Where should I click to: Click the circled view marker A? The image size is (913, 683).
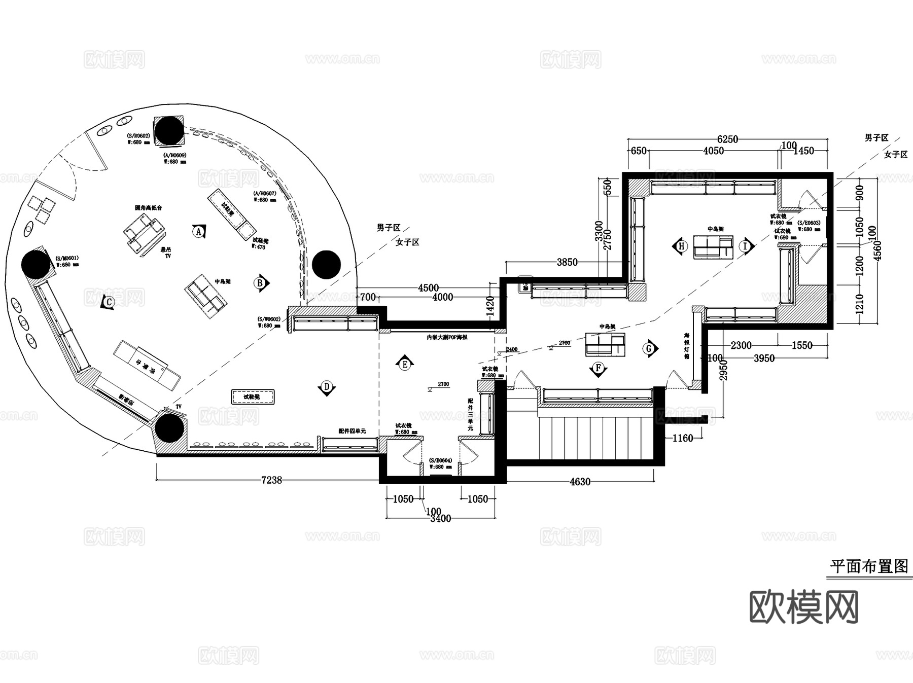198,232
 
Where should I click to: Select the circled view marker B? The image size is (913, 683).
260,283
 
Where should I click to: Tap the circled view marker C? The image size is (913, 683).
108,302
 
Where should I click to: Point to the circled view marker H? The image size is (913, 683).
681,246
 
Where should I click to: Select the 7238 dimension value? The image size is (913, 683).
271,480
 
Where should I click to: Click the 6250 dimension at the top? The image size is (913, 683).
727,139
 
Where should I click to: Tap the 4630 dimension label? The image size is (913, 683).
580,482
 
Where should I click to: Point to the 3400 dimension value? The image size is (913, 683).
440,519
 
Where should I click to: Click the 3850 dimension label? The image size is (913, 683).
567,262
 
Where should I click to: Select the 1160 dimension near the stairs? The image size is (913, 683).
682,438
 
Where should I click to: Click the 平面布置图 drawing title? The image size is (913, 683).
869,566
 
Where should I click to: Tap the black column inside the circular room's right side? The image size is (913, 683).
326,264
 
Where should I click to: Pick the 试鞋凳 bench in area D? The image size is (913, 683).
253,397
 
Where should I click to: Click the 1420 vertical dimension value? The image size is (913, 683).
490,306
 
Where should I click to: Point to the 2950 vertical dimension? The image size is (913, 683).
724,370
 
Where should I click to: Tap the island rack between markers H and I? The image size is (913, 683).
713,247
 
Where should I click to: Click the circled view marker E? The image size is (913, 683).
404,364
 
